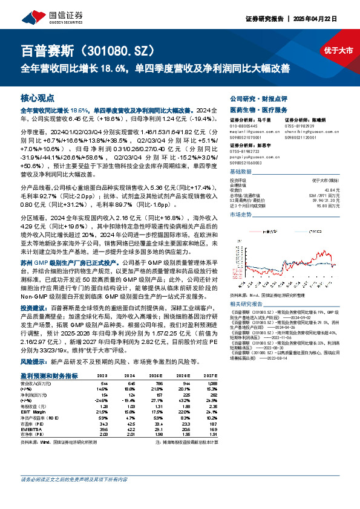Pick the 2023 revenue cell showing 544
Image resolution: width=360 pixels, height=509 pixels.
(x=104, y=384)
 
